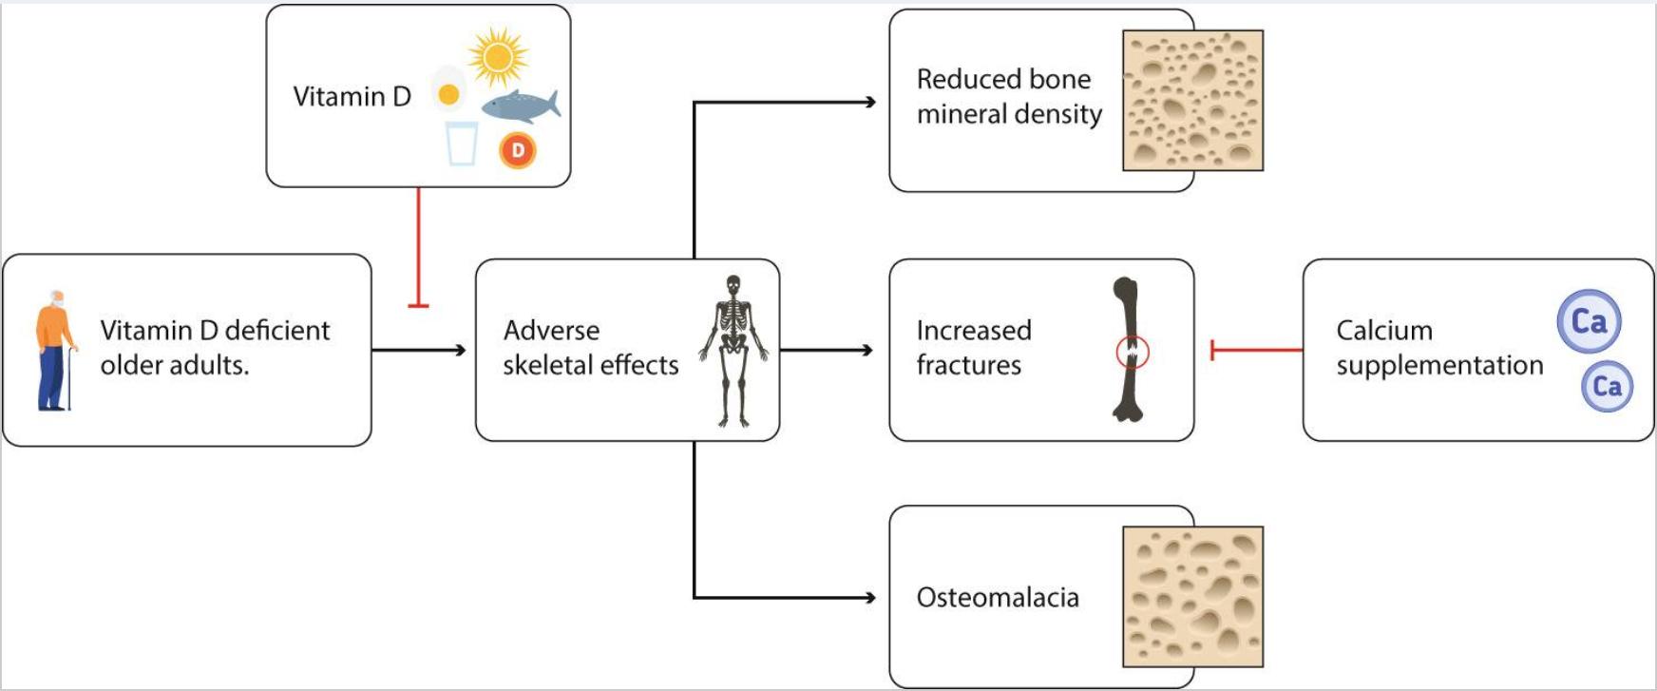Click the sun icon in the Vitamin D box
click(498, 56)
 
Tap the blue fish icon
click(520, 106)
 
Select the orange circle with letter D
click(518, 150)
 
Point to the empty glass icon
click(462, 144)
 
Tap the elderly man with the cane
click(55, 351)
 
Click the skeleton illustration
click(733, 350)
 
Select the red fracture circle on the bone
click(1132, 353)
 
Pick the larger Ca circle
click(1589, 321)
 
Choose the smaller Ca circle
click(1607, 386)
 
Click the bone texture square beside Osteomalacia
click(1192, 597)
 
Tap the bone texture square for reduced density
click(1192, 101)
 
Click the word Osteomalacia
click(998, 598)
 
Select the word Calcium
click(1383, 331)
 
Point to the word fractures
click(968, 366)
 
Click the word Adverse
click(551, 331)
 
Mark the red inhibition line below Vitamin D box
click(418, 247)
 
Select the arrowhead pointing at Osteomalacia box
click(869, 598)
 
